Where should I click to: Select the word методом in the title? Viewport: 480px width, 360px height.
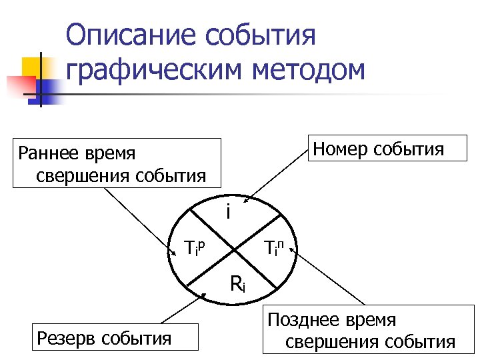307,69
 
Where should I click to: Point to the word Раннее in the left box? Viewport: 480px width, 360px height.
49,154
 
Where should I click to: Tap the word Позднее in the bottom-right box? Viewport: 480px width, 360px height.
300,320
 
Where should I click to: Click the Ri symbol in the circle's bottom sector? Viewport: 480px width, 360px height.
238,284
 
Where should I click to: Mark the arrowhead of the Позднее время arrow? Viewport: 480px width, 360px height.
291,252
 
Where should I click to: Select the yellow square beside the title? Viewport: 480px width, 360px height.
35,67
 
